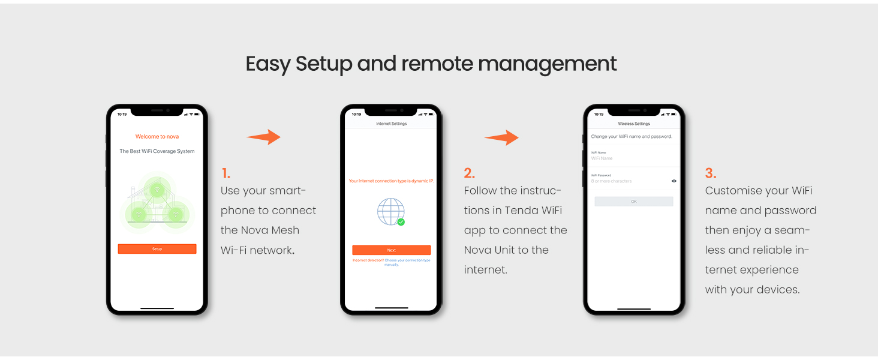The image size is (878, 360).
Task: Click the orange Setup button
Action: [x=157, y=249]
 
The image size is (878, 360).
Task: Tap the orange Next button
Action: [x=391, y=250]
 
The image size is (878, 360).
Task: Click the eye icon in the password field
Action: [x=674, y=181]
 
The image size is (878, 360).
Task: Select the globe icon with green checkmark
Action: [x=391, y=212]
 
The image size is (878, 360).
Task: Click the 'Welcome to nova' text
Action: [x=157, y=137]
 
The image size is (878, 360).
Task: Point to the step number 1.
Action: [x=225, y=173]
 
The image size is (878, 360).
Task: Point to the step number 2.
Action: [x=469, y=173]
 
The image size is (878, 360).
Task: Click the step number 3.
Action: [x=711, y=173]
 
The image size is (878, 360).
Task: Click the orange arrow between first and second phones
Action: [x=263, y=137]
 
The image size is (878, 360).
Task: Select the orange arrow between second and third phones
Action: [x=502, y=138]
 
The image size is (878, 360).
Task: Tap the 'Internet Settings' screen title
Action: [x=391, y=124]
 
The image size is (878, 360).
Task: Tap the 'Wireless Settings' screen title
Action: [x=634, y=124]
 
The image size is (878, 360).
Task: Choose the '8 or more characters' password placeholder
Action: [x=612, y=181]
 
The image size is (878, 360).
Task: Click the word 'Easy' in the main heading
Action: [x=267, y=64]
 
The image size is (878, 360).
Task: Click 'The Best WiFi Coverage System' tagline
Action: [x=157, y=151]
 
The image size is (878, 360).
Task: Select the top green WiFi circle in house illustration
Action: [x=157, y=190]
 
